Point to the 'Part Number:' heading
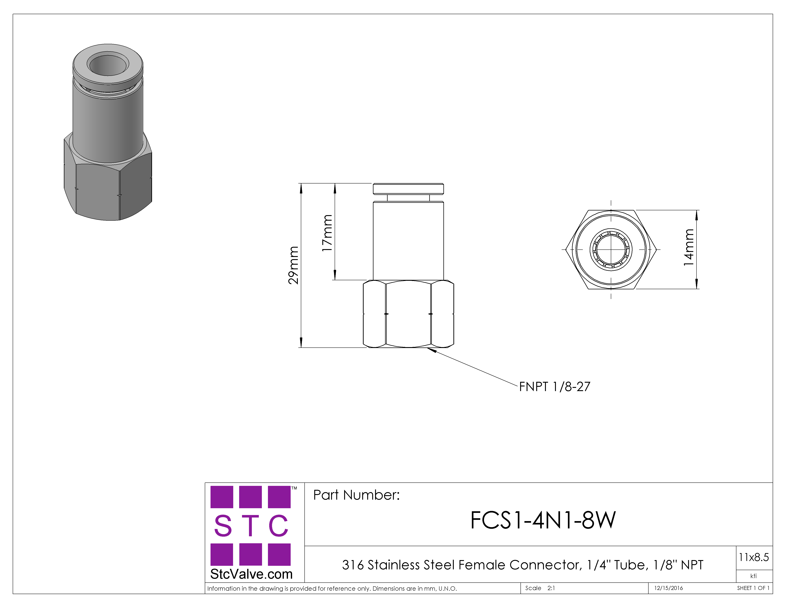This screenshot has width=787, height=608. tap(356, 495)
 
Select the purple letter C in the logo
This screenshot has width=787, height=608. tap(278, 526)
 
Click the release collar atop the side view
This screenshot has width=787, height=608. tap(408, 189)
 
